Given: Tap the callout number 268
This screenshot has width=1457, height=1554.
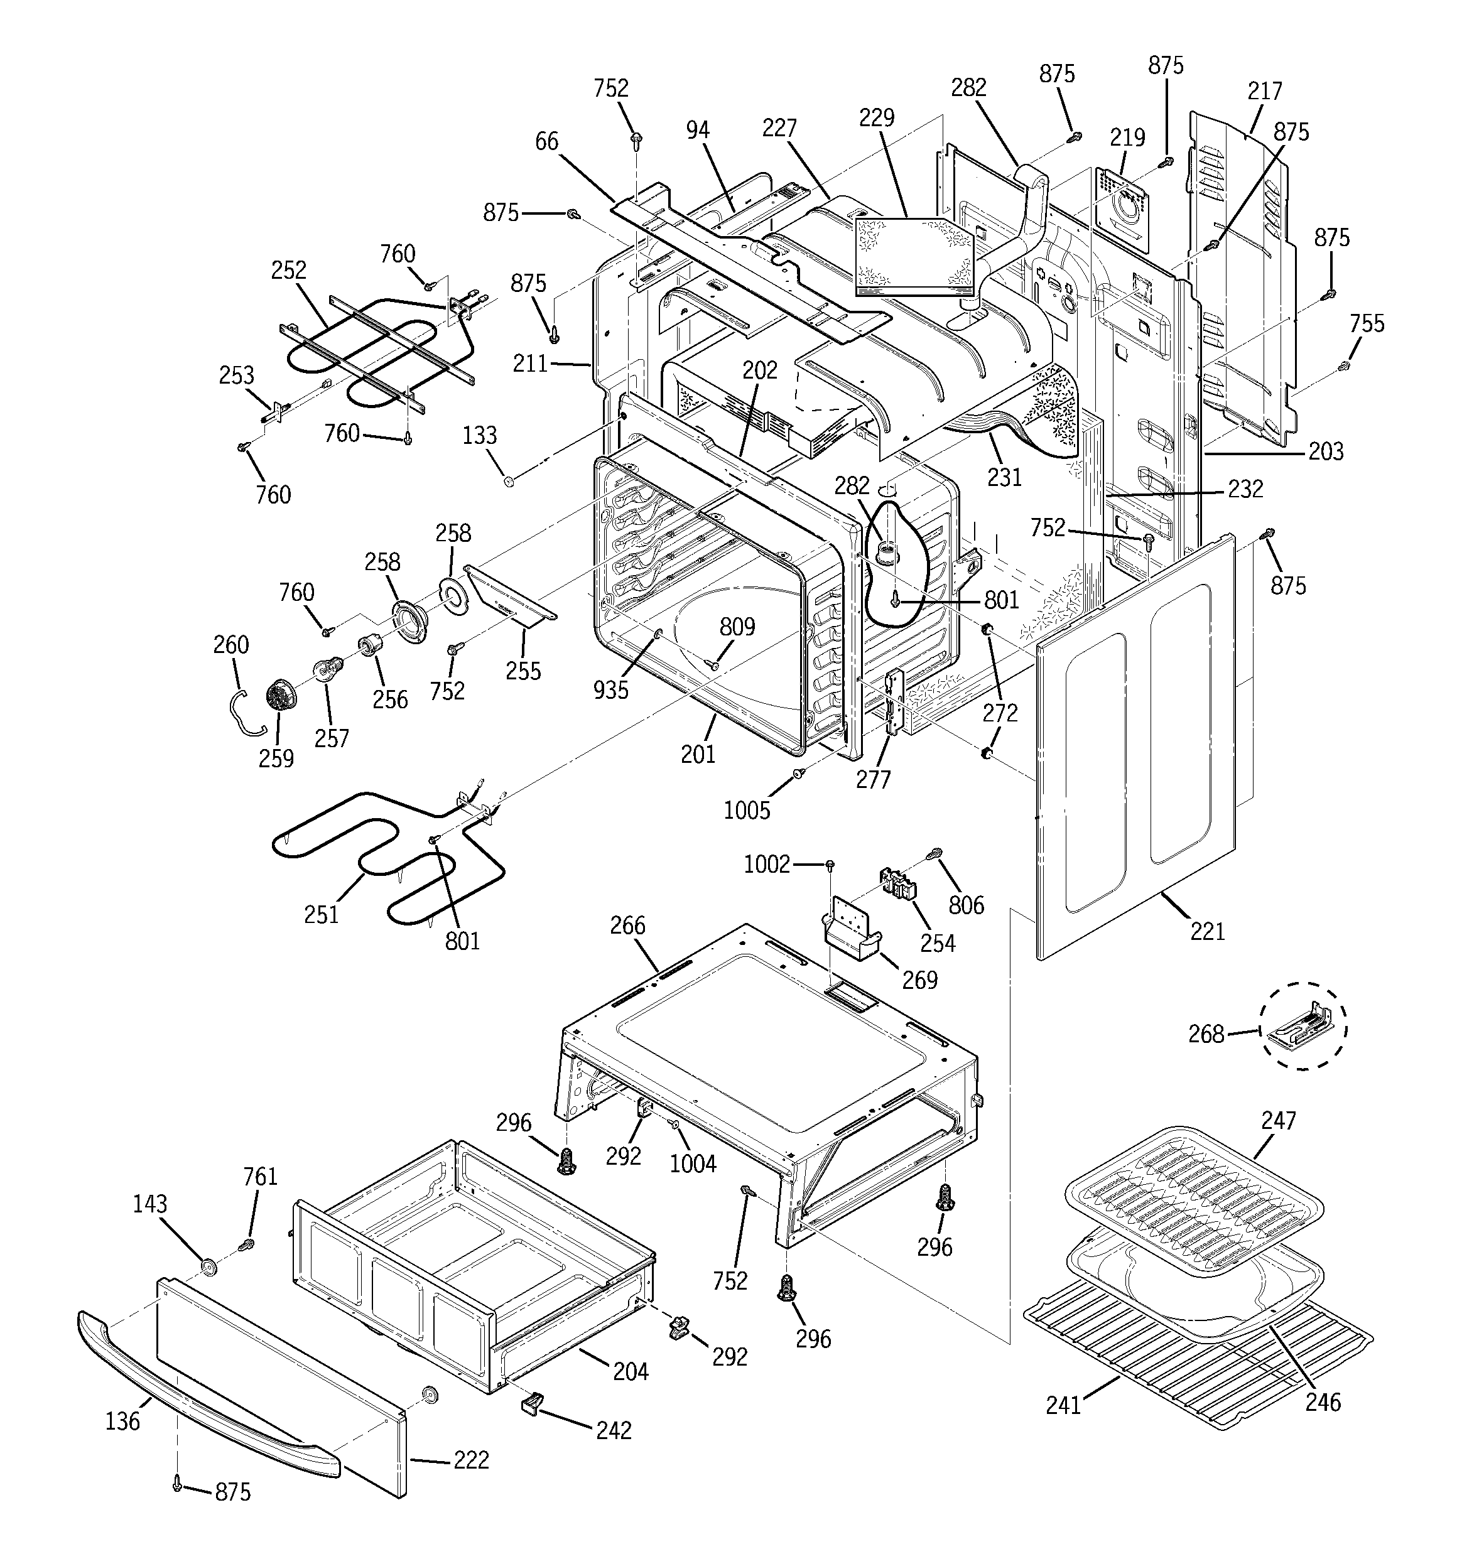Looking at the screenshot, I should pos(1206,1033).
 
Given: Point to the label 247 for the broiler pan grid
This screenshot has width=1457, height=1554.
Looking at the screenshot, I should pos(1278,1120).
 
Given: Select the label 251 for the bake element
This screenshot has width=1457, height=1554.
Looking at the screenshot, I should pos(322,914).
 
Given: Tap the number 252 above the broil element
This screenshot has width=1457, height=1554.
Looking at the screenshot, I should pos(289,271).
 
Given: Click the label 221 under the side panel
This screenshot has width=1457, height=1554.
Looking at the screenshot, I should pos(1208,931).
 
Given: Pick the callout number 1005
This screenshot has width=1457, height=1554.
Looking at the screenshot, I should pos(747,811).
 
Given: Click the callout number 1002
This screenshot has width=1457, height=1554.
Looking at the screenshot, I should pos(766,864).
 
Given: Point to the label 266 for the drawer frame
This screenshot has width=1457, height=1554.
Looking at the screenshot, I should pos(627,925).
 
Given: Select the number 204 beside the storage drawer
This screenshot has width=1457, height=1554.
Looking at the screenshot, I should pos(631,1371).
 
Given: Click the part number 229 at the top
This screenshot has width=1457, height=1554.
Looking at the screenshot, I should pos(877,118).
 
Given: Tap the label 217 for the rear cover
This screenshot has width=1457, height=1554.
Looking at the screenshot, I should pos(1265,90).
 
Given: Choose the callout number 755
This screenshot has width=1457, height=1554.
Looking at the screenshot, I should pos(1367,323).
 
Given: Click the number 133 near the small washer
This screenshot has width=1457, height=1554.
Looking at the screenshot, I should pos(479,435).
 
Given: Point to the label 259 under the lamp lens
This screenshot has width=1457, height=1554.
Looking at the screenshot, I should pos(276,758).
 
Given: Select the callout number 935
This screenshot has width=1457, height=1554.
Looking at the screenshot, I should pos(611,689).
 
